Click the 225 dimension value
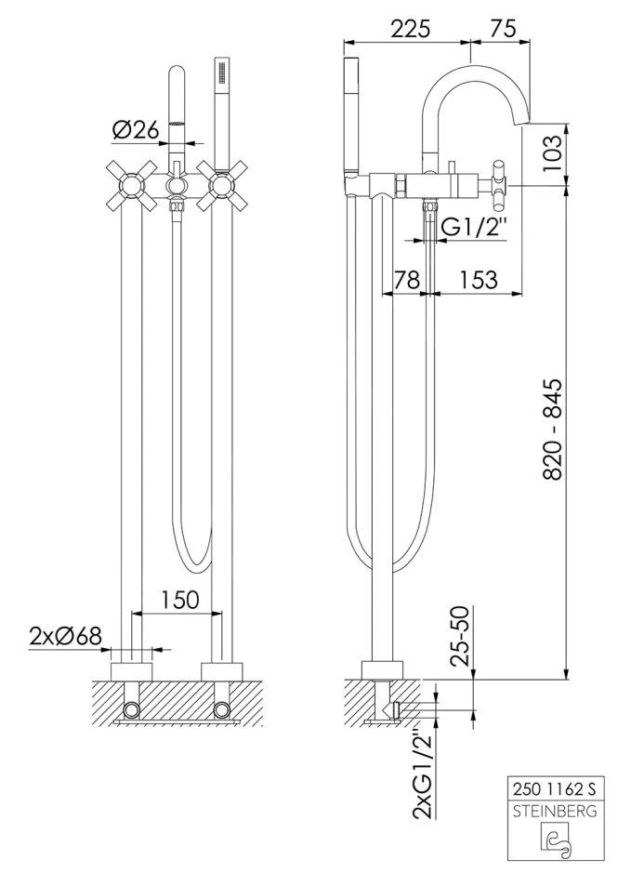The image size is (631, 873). pos(410,29)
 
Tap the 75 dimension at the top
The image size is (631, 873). pos(503,29)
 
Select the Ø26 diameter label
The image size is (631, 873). pos(136,130)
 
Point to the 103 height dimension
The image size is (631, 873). pos(551,153)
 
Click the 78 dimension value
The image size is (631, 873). pos(407,280)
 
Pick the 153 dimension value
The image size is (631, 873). pos(479,280)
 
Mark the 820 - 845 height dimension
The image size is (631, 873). pos(552,430)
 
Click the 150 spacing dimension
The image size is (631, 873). pos(179,600)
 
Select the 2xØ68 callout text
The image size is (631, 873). pos(66,635)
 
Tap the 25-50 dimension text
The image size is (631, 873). pos(461,635)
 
